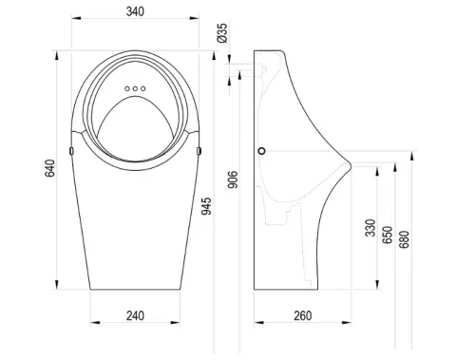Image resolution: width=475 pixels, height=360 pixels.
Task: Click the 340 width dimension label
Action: [x=135, y=11]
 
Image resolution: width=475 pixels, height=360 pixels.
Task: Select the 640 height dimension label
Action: [x=49, y=168]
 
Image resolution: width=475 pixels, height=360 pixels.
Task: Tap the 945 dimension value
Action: [x=206, y=206]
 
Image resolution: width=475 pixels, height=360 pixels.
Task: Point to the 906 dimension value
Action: [x=233, y=180]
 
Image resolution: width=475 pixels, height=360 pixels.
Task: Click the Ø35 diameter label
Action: [x=222, y=33]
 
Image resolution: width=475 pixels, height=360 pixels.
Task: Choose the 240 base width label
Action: [x=135, y=315]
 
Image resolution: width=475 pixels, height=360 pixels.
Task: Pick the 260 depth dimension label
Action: [x=303, y=315]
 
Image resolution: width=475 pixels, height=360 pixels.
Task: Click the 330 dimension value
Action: [x=370, y=228]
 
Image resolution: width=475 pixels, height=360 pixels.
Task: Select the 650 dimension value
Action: [x=388, y=235]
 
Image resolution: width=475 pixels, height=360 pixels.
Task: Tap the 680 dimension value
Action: [x=405, y=239]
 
